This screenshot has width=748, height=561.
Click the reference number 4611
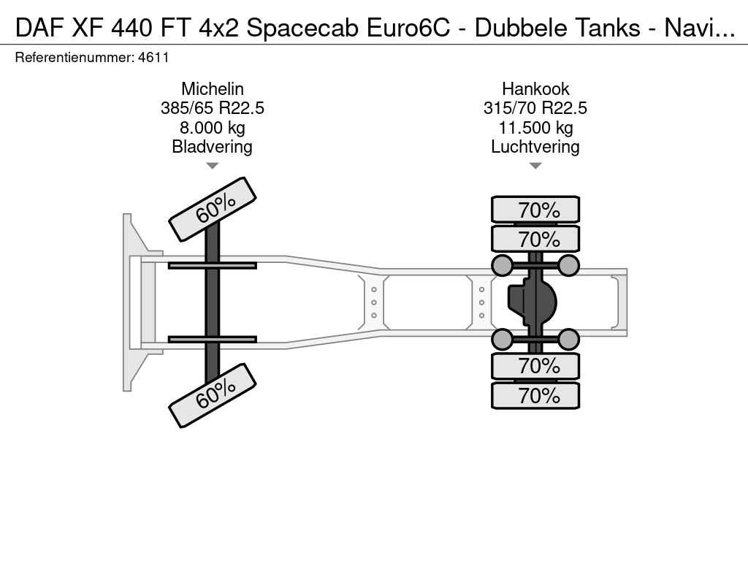click(x=153, y=58)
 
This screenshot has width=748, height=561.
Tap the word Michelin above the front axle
click(x=213, y=88)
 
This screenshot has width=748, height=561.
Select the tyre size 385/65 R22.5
click(x=213, y=108)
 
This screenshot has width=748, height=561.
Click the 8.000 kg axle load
click(x=213, y=128)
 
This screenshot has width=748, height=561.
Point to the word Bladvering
click(x=213, y=147)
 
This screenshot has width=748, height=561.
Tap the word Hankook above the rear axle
click(x=535, y=88)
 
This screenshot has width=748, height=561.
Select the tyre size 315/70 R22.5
click(x=535, y=108)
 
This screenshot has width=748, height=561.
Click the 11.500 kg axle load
click(x=535, y=128)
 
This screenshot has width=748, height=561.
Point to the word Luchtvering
click(x=535, y=147)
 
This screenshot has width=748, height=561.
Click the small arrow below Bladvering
click(x=213, y=166)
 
